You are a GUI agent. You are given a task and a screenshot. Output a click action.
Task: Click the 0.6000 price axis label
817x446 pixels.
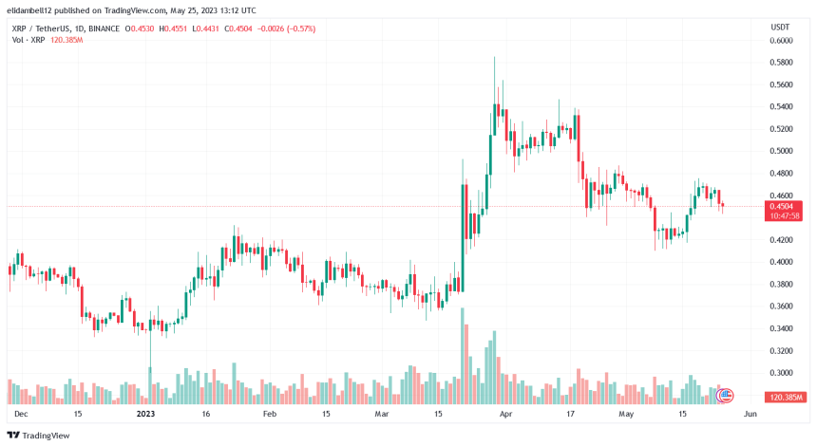tap(781, 41)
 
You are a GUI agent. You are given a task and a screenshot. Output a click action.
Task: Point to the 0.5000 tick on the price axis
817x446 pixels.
tap(781, 151)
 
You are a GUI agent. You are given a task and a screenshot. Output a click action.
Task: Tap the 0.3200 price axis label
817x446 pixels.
tap(781, 350)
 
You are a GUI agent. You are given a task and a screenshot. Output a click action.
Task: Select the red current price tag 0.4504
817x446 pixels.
tap(781, 205)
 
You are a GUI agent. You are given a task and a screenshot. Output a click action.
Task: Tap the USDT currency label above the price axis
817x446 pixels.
tap(780, 28)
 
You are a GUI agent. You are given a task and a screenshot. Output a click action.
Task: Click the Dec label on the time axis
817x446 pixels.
tap(21, 414)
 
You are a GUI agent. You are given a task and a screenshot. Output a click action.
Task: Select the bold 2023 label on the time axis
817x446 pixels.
tap(145, 414)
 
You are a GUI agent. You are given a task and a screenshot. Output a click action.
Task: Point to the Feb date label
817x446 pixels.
tap(270, 414)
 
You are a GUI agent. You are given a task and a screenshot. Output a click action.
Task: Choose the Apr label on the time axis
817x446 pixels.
tap(505, 414)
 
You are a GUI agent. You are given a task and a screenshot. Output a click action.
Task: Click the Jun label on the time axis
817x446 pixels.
tap(749, 414)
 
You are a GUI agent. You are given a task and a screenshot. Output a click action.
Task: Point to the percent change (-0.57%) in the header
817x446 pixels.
tap(297, 28)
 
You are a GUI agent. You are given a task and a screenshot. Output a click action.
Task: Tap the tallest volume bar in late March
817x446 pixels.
tap(463, 356)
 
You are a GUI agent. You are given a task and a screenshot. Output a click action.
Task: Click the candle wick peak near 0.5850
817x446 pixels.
tap(494, 58)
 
